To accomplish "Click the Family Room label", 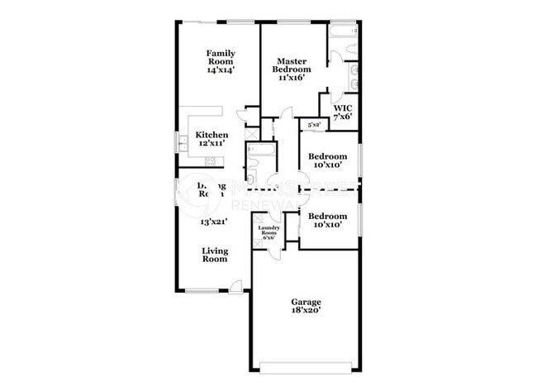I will coord(221,57).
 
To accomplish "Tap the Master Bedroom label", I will coord(293,64).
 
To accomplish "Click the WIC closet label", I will coord(343,108).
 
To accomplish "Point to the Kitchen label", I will coord(211,135).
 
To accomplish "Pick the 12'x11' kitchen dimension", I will coord(211,144).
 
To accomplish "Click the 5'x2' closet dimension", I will coord(314,125).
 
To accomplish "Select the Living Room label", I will coord(215,255).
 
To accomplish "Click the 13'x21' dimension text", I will coord(214,222).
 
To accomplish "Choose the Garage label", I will coord(306,302).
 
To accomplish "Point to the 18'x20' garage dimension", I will coord(306,311).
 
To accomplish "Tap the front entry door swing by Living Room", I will coord(236,286).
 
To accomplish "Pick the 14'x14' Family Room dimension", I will coord(221,71).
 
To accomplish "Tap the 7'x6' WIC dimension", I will coord(343,117).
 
